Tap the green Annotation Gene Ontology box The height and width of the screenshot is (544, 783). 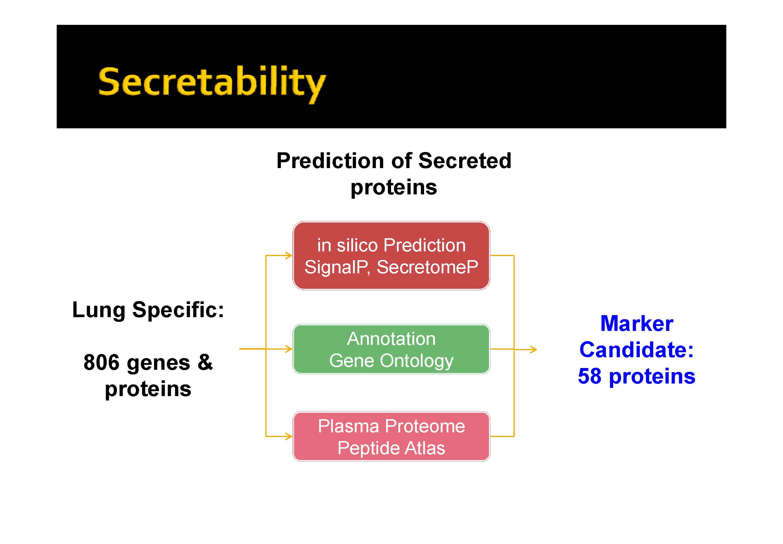[x=391, y=349]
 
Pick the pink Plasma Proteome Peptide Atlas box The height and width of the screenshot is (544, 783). [x=391, y=436]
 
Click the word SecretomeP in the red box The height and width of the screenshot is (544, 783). [x=427, y=267]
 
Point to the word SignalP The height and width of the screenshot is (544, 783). [x=337, y=267]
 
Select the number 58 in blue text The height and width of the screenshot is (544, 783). [x=590, y=376]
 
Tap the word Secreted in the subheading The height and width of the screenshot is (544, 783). [x=465, y=160]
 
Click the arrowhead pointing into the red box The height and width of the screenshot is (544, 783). [x=288, y=255]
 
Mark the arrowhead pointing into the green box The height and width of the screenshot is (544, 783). [x=288, y=349]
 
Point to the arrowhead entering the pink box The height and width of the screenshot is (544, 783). [x=288, y=436]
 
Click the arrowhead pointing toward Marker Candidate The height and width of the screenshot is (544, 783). [x=533, y=349]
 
